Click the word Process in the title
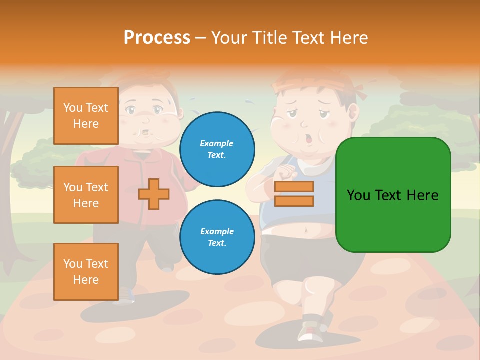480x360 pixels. click(x=157, y=37)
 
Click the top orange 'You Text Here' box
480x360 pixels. click(x=86, y=116)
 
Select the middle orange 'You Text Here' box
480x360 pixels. click(x=86, y=195)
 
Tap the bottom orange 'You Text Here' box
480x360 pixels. click(x=86, y=272)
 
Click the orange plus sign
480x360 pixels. click(x=154, y=194)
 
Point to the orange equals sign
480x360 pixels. click(x=294, y=194)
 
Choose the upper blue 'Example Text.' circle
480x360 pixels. click(x=217, y=149)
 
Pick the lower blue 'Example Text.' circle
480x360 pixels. click(x=217, y=237)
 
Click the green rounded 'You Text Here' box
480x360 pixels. click(x=393, y=195)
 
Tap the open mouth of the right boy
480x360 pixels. click(x=308, y=139)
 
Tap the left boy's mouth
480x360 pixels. click(x=145, y=133)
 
